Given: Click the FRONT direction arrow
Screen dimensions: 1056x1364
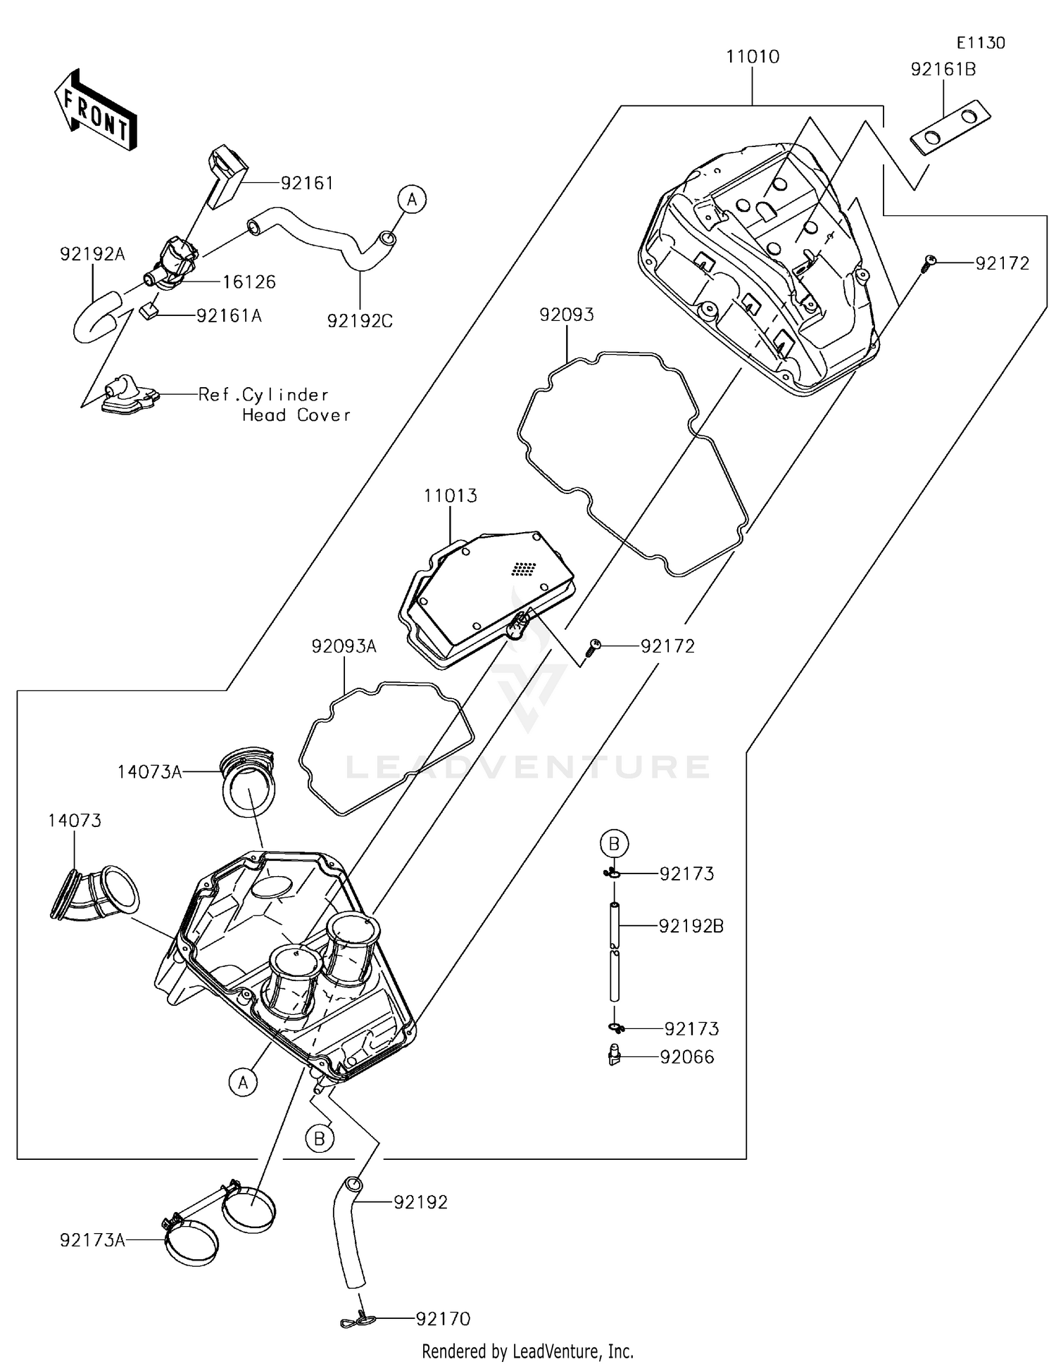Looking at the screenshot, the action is [95, 110].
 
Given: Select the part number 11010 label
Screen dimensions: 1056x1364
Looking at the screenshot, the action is [753, 56].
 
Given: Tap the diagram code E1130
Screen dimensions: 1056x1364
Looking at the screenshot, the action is [981, 43].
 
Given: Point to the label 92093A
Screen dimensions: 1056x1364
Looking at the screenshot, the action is [344, 646].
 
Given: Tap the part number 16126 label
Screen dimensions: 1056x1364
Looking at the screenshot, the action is [249, 282].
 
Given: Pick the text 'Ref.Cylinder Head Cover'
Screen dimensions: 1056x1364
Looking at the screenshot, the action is [274, 405].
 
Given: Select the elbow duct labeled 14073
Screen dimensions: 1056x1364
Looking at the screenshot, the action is [94, 894].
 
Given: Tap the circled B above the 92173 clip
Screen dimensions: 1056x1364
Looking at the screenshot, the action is [614, 842].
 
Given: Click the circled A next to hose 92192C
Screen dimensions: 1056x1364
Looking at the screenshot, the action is [412, 200].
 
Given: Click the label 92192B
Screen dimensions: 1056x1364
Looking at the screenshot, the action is [691, 926].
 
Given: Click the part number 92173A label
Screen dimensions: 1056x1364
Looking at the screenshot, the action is [93, 1240].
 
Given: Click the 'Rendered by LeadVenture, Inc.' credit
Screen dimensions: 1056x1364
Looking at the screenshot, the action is [527, 1351].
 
